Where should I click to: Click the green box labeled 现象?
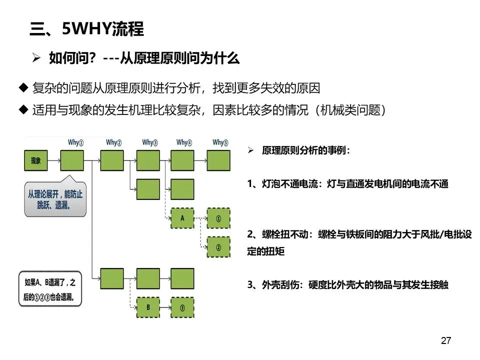pos(36,160)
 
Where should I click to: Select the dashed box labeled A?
pos(182,218)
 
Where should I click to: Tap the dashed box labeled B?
pos(148,307)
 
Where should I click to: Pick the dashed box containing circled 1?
pos(218,218)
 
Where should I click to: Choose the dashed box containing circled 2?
pos(218,247)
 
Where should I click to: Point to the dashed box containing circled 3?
pos(182,307)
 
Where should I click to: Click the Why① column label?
pos(75,142)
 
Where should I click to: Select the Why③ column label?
pos(150,142)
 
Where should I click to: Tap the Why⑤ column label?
pos(220,142)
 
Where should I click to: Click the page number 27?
pos(446,340)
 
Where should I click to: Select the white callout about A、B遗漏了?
pos(50,289)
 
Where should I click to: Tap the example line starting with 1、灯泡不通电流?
pos(348,183)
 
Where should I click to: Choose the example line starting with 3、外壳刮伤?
pos(348,284)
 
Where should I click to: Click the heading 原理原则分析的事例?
pos(306,150)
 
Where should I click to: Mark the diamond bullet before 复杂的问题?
pos(23,87)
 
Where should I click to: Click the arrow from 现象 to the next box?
pos(54,160)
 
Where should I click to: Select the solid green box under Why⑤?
pos(218,160)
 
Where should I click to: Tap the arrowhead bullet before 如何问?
pos(36,57)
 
